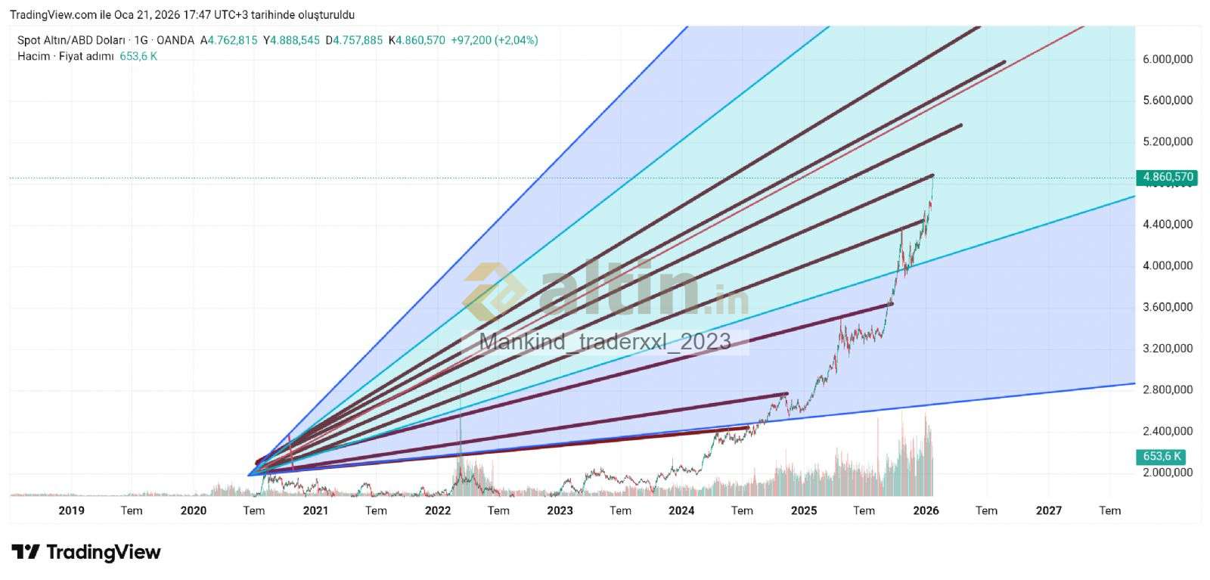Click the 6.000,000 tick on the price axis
coord(1168,59)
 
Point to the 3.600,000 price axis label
coord(1168,307)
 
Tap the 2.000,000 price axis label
coord(1168,473)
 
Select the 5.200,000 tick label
coord(1168,141)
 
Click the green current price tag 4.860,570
coord(1168,177)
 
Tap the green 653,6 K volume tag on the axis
coord(1162,456)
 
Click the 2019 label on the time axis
coord(71,510)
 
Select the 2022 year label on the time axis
coord(438,510)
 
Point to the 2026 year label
coord(926,510)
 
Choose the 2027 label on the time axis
coord(1048,510)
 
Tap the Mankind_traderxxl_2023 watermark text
coord(605,342)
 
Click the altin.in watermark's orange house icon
coord(495,291)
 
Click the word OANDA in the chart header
coord(175,40)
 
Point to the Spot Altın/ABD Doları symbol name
coord(71,40)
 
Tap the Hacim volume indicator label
coord(33,56)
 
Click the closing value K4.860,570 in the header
coord(417,40)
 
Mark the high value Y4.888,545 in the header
coord(291,40)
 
